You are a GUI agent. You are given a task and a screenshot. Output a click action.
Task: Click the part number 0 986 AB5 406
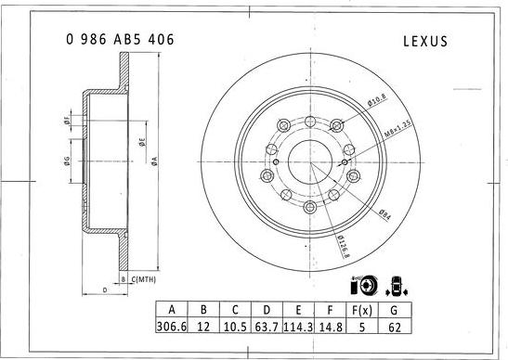pos(120,40)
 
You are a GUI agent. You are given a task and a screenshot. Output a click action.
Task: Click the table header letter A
pos(171,310)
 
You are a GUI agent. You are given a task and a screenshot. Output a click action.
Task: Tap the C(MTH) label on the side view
pos(143,278)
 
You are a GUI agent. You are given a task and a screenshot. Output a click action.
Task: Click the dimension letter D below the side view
pos(103,290)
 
